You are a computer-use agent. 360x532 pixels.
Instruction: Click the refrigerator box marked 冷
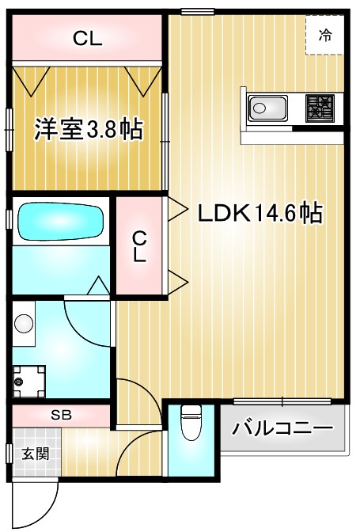click(324, 35)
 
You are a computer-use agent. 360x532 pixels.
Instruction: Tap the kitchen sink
click(268, 107)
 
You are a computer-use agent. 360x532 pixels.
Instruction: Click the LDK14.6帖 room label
click(259, 213)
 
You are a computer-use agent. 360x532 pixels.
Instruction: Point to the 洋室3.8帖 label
click(88, 130)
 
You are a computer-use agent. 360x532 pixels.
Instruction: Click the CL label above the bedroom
click(87, 39)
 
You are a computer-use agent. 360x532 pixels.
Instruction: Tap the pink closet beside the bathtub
click(138, 246)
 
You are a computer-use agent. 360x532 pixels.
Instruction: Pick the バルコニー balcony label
click(282, 430)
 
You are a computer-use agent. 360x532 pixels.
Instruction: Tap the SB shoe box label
click(60, 414)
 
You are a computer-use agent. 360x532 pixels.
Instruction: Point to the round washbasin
click(25, 324)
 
